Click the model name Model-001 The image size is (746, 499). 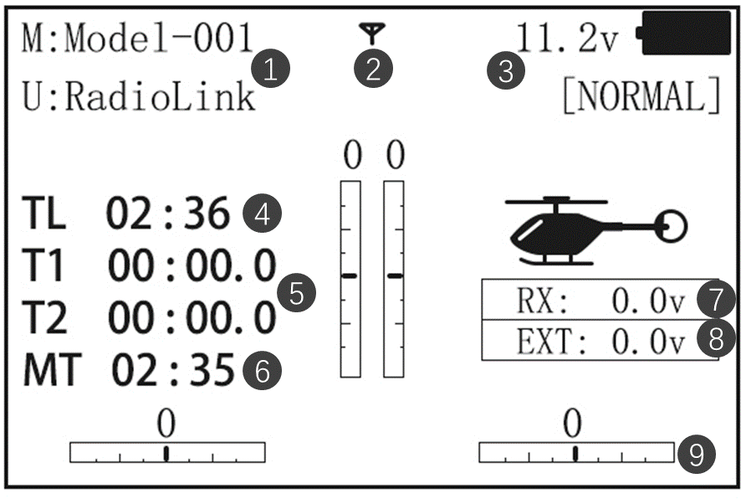(x=159, y=38)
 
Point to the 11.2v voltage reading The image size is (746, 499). (x=567, y=39)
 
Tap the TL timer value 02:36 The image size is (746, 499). (x=167, y=214)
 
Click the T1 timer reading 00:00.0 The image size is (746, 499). (x=192, y=267)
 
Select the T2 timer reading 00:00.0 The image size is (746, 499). (x=192, y=319)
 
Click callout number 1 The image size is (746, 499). (x=271, y=69)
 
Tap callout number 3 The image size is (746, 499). (x=506, y=69)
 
